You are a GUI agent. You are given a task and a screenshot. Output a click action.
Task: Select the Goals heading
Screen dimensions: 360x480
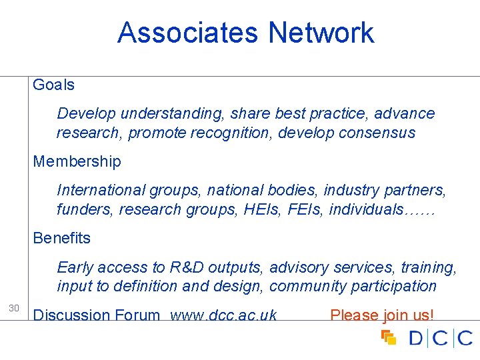point(54,85)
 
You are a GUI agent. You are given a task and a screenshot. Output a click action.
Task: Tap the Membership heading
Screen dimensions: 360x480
point(77,161)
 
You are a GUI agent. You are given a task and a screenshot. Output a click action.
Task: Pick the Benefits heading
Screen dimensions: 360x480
point(62,238)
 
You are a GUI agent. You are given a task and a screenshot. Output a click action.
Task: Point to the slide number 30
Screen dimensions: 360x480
point(13,308)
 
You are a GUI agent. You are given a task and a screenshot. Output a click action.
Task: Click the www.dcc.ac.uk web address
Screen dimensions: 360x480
point(223,315)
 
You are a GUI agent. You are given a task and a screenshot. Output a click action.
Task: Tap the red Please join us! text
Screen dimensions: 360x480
point(382,315)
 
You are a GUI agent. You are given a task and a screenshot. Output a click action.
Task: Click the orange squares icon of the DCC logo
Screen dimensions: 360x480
point(389,337)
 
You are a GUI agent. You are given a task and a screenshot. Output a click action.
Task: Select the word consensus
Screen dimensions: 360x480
point(377,133)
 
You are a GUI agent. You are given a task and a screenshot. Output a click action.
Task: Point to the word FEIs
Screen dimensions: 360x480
point(309,209)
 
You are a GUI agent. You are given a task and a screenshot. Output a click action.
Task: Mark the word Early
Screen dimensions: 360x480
point(75,267)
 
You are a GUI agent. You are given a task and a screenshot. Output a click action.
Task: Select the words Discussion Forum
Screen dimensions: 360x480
point(97,315)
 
